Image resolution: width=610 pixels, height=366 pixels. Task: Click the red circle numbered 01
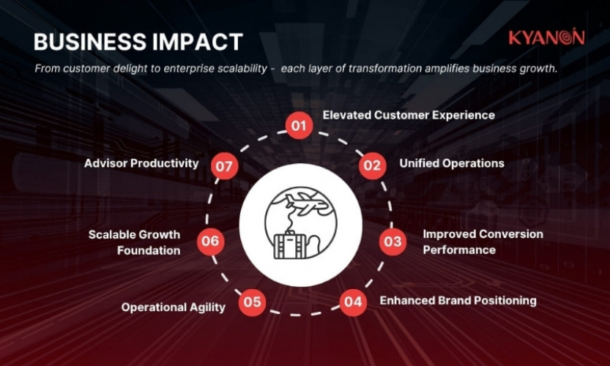(299, 126)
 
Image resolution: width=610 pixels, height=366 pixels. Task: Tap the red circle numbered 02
(372, 165)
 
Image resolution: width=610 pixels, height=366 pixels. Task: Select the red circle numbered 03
(393, 242)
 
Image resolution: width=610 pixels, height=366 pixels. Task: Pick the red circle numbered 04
(353, 302)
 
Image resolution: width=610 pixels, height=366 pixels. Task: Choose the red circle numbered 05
(253, 302)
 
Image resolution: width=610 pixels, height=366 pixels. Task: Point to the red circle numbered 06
(211, 241)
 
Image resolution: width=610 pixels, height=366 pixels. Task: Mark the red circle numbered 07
(225, 166)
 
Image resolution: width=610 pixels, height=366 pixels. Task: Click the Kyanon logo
(546, 38)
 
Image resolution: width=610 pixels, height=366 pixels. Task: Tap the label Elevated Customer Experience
(409, 115)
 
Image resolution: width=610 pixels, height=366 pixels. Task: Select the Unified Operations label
(452, 163)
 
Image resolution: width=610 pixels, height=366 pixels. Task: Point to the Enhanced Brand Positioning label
(458, 301)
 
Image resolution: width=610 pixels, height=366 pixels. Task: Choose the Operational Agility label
(174, 307)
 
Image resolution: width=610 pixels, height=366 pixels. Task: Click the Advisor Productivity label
(141, 163)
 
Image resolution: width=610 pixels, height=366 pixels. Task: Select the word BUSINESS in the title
(81, 42)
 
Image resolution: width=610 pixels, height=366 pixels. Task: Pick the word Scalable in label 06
(114, 235)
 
